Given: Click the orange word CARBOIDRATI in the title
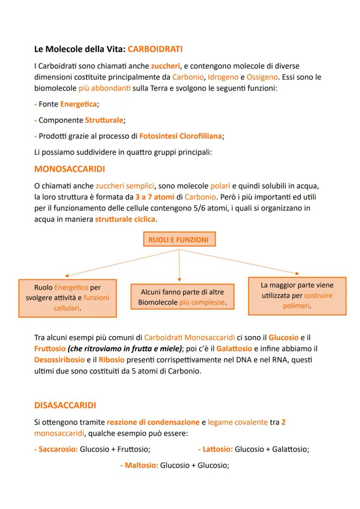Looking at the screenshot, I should (155, 50).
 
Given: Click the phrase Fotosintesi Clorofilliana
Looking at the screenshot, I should (180, 136).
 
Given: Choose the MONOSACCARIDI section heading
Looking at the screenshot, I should (70, 169).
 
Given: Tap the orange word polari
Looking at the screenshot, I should (220, 186).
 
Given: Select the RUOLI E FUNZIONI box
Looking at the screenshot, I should (178, 240).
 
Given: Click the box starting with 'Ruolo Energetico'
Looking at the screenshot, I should (67, 298).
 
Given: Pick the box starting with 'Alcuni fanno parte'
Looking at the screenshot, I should (182, 297).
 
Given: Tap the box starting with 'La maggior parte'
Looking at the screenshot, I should (297, 296).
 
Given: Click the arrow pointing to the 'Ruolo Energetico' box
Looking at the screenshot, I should (122, 263).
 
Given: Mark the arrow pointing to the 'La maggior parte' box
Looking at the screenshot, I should (239, 262).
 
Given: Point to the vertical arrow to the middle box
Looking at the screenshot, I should (180, 265).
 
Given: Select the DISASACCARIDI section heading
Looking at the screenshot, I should (65, 405).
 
